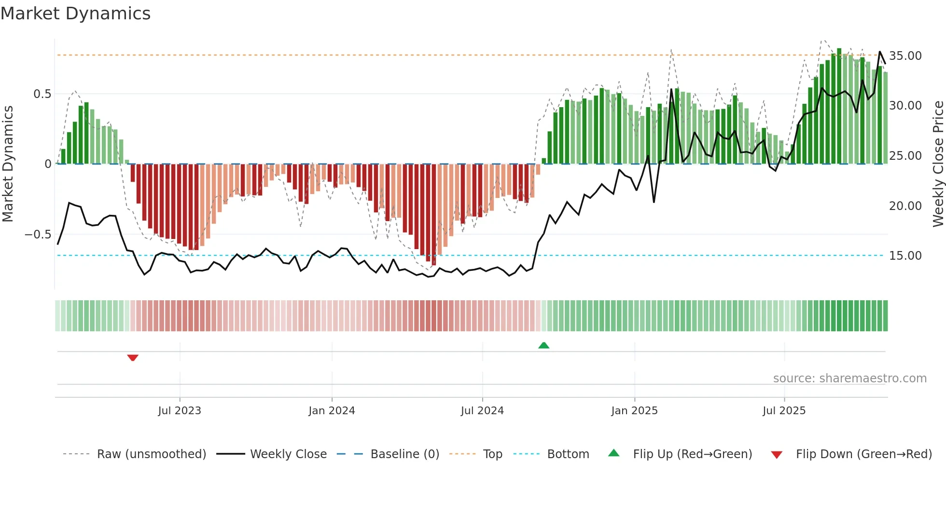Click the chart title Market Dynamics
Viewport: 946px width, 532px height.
pyautogui.click(x=75, y=14)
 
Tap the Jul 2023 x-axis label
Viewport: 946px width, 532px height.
pyautogui.click(x=180, y=411)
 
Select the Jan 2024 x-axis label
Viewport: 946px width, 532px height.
pyautogui.click(x=332, y=411)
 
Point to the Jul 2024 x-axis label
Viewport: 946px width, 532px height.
pyautogui.click(x=482, y=411)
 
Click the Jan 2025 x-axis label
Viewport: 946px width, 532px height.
pyautogui.click(x=634, y=411)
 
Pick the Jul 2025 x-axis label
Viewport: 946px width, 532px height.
pyautogui.click(x=784, y=411)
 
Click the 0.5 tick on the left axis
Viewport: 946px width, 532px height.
pyautogui.click(x=42, y=94)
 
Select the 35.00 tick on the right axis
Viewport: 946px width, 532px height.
pyautogui.click(x=905, y=56)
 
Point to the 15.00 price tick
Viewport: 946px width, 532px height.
pyautogui.click(x=905, y=256)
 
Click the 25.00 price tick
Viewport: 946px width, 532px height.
pyautogui.click(x=905, y=156)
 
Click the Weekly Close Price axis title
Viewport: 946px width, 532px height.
pyautogui.click(x=938, y=164)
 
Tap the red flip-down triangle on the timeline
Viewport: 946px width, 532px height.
pyautogui.click(x=133, y=358)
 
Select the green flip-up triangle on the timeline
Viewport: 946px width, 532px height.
pyautogui.click(x=544, y=345)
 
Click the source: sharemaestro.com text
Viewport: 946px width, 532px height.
pyautogui.click(x=849, y=378)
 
